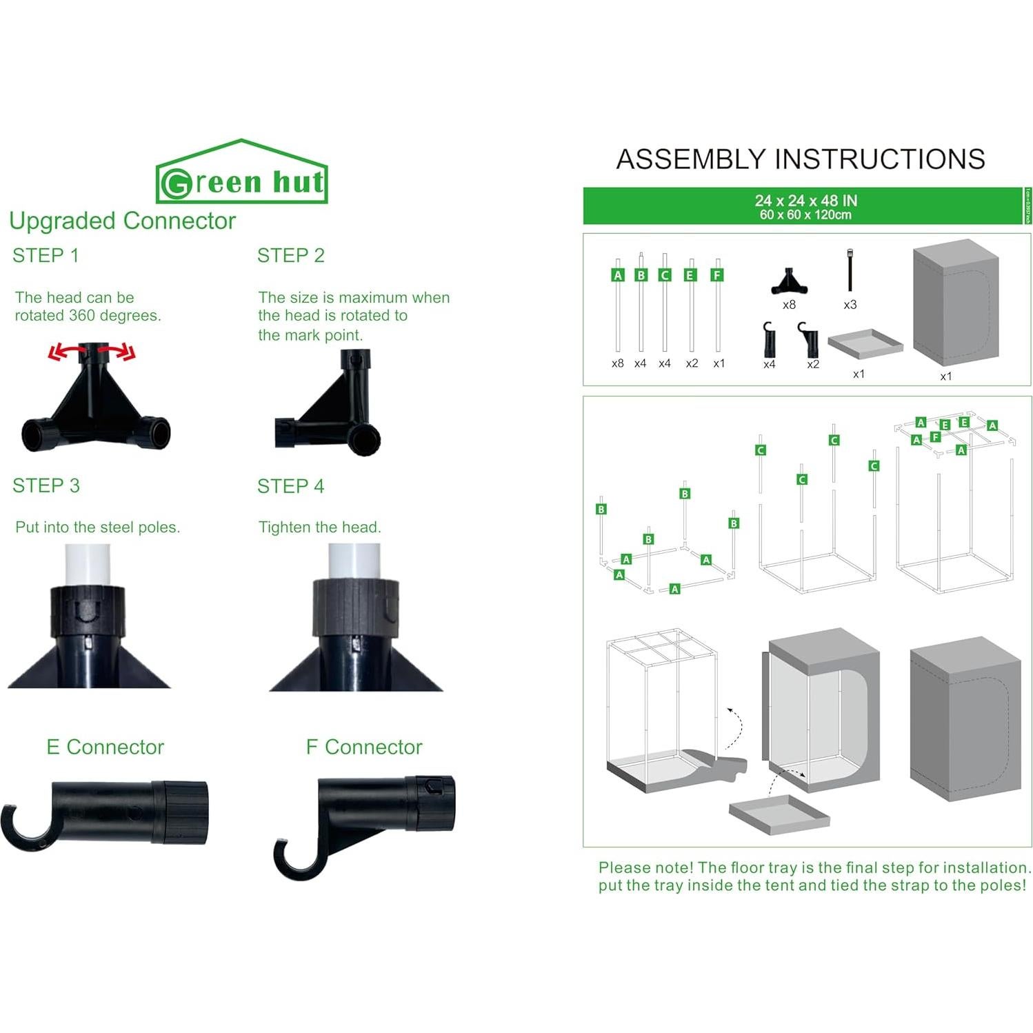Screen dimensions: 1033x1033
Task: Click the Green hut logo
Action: pos(241,174)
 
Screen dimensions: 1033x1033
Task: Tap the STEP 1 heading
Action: pos(46,256)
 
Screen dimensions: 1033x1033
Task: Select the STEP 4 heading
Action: pos(290,486)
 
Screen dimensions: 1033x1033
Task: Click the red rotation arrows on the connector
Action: pos(92,352)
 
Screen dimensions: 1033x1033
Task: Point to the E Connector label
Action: pos(105,747)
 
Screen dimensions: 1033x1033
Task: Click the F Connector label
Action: pos(363,747)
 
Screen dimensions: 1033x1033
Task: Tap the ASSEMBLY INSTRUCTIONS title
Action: pos(800,159)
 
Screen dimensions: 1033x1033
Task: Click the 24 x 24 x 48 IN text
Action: pos(805,201)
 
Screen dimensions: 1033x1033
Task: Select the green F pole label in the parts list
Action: pos(717,275)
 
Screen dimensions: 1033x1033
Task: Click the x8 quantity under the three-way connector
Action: pos(789,305)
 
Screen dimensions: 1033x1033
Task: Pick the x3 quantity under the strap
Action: pos(850,305)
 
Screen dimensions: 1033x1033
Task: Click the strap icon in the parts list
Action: pos(850,271)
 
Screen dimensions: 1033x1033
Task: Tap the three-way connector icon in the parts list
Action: pos(790,281)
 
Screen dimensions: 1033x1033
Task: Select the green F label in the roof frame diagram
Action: pos(935,437)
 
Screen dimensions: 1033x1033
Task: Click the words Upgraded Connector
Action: pos(122,221)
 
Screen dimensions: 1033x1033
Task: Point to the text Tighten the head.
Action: pos(319,528)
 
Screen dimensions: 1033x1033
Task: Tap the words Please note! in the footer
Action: pos(645,867)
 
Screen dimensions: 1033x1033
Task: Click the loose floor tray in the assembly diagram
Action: pos(779,814)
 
